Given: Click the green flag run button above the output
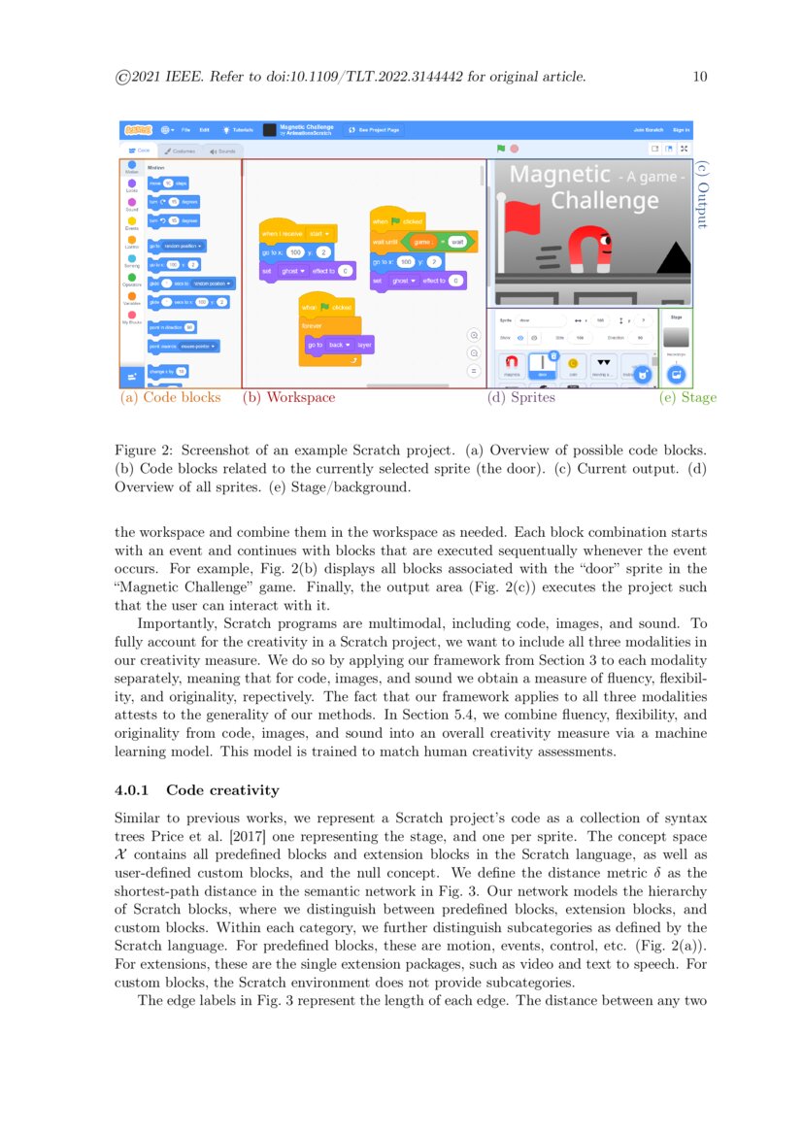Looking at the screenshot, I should pyautogui.click(x=501, y=149).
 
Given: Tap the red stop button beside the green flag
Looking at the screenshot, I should pyautogui.click(x=514, y=149).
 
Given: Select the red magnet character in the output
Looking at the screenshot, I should pyautogui.click(x=589, y=250).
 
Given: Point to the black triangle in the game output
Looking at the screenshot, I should pyautogui.click(x=673, y=257).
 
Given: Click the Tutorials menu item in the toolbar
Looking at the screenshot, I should pyautogui.click(x=238, y=129).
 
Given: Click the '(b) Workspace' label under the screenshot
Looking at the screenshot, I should pyautogui.click(x=288, y=397).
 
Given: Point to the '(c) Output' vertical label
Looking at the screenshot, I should pyautogui.click(x=703, y=194).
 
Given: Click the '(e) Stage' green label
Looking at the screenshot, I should pyautogui.click(x=687, y=397).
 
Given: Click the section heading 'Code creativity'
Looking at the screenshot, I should pyautogui.click(x=222, y=790).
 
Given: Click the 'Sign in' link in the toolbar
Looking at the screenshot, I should pyautogui.click(x=681, y=129).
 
